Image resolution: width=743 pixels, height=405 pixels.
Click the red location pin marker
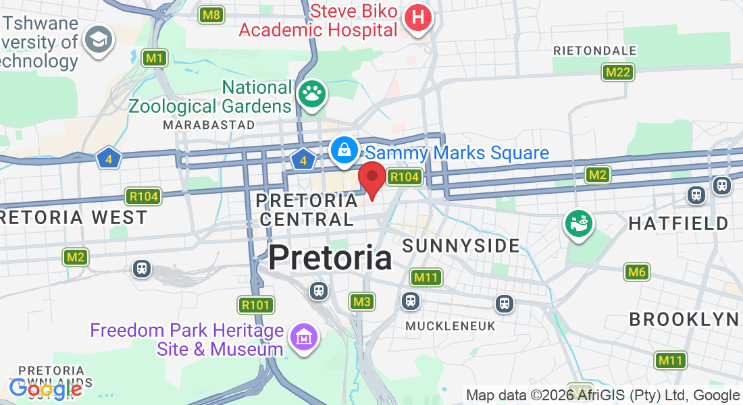click(371, 179)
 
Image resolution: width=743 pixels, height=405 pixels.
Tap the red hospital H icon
click(418, 18)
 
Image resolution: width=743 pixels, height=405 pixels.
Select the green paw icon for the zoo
click(311, 94)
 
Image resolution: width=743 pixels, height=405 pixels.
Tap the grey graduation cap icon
click(99, 40)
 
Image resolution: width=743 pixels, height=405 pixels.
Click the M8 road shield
click(211, 14)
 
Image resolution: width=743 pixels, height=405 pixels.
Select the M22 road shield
click(618, 72)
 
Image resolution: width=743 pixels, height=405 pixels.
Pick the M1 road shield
click(155, 59)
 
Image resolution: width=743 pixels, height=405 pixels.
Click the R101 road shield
click(255, 305)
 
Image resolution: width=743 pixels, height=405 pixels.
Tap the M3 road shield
click(362, 302)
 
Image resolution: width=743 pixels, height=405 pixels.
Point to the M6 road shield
click(636, 273)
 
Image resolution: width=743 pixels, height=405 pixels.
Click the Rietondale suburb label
click(594, 51)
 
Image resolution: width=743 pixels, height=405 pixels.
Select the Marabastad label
click(209, 125)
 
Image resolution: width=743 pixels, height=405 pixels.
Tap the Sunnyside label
click(461, 246)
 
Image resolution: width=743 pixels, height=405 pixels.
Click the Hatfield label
click(679, 223)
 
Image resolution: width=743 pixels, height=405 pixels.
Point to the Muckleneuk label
click(451, 326)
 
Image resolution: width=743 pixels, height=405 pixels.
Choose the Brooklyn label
click(684, 319)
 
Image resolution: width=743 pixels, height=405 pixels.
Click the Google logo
click(45, 389)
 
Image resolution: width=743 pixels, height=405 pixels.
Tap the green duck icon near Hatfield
click(580, 224)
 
